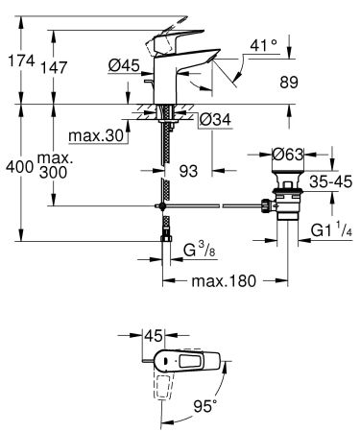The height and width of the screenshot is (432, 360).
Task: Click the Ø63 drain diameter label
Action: point(288,152)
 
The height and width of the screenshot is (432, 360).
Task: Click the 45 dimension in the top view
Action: point(153,336)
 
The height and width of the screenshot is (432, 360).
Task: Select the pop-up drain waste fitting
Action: point(288,202)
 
